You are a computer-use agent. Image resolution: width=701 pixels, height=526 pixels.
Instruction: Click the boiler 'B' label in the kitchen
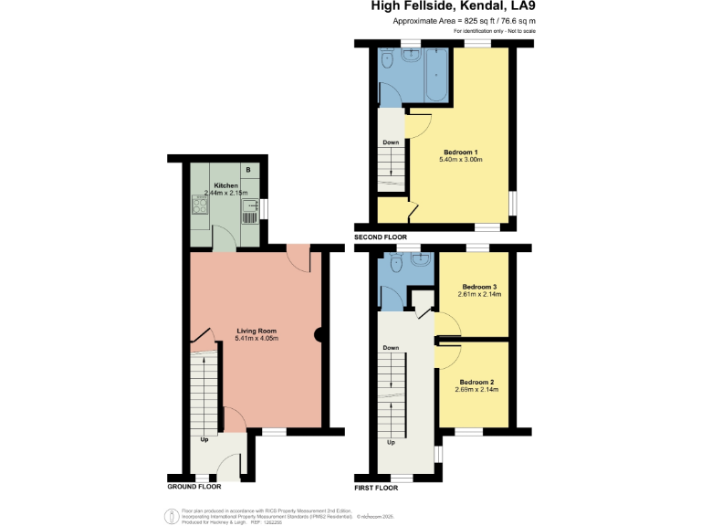point(250,171)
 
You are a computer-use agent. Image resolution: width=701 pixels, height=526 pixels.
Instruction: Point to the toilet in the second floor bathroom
point(387,60)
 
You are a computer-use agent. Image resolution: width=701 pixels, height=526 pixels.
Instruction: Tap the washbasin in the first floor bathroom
point(423,260)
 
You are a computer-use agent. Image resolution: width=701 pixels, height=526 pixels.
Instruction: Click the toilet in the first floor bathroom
point(394,264)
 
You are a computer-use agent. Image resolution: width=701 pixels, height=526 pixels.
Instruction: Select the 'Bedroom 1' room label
point(461,152)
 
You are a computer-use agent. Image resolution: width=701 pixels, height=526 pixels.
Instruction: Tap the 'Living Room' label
point(256,331)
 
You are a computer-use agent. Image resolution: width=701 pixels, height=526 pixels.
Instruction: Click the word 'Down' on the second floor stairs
point(391,142)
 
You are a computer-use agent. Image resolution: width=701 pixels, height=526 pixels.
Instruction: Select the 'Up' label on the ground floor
point(204,438)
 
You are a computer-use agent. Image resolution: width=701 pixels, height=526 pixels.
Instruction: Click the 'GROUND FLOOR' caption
point(194,487)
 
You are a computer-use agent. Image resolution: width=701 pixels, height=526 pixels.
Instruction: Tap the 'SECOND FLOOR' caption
point(381,237)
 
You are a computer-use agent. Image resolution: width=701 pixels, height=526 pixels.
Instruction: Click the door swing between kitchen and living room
point(222,241)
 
